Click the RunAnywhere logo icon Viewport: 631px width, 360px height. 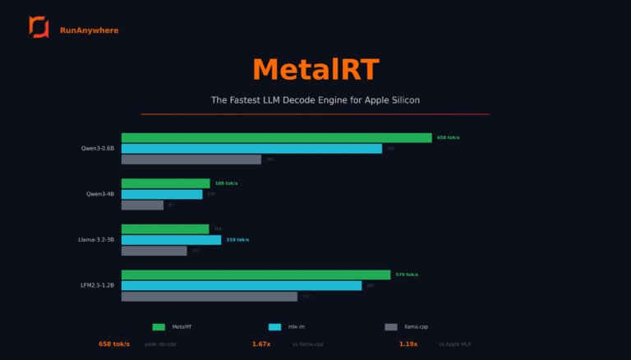[x=39, y=27]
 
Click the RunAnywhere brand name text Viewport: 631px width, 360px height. [x=89, y=30]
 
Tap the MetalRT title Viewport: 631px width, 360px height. [x=315, y=69]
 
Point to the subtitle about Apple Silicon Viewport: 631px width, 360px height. [x=315, y=100]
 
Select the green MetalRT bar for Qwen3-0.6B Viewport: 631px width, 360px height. [x=276, y=138]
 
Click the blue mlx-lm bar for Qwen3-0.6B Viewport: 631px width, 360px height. [x=251, y=149]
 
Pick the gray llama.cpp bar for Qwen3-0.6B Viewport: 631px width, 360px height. [x=191, y=159]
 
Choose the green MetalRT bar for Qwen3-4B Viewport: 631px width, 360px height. [x=165, y=183]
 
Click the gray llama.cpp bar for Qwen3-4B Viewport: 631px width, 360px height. [x=142, y=205]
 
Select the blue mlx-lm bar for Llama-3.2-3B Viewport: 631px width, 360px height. [x=171, y=240]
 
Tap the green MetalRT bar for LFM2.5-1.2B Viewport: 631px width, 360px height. [x=256, y=275]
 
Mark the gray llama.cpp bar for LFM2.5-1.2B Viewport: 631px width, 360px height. [x=209, y=296]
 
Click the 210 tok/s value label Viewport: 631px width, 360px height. [x=237, y=240]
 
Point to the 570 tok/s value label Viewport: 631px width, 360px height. [x=407, y=275]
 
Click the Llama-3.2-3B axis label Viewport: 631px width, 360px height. [x=96, y=240]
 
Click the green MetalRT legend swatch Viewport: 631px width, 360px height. [x=159, y=326]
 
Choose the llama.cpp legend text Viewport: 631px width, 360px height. [x=417, y=326]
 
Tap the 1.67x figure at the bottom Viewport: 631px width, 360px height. [x=261, y=344]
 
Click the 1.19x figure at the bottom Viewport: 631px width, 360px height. [x=408, y=344]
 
